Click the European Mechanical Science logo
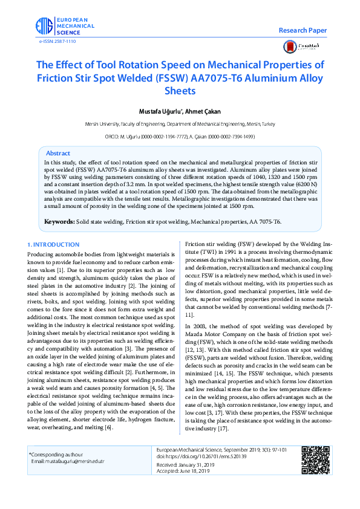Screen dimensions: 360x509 coord(63,26)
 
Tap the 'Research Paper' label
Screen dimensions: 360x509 coord(303,30)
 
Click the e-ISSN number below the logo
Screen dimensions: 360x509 coord(57,41)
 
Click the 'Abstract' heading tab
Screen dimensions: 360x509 coord(58,154)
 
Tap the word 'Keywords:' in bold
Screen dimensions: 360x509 coord(59,222)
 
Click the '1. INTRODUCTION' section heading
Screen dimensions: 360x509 coord(54,244)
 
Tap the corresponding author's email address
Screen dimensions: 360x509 coord(68,461)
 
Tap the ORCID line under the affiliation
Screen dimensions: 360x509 coord(180,137)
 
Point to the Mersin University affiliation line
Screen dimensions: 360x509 coord(180,123)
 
